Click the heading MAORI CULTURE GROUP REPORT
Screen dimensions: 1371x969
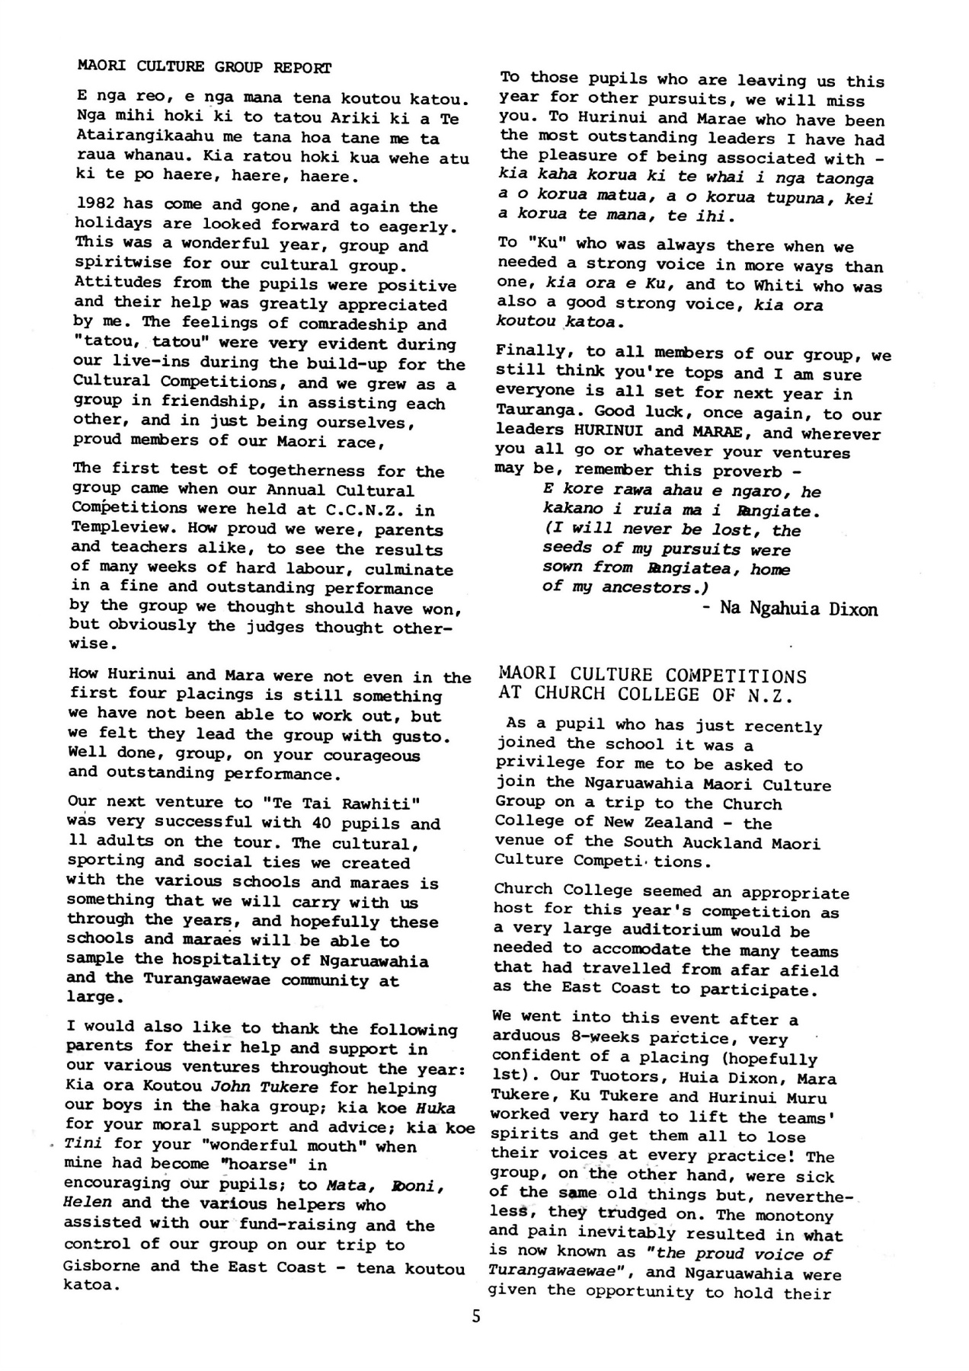point(204,67)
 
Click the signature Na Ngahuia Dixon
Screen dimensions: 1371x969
point(798,609)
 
